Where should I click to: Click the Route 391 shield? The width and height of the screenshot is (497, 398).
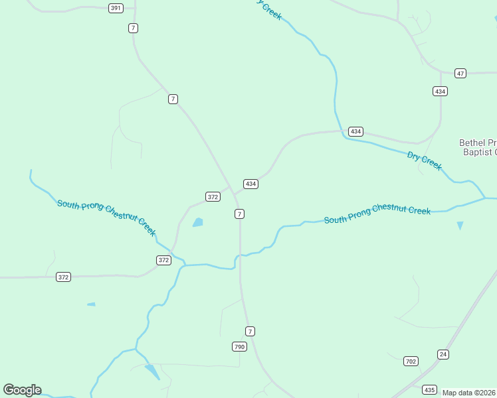pyautogui.click(x=116, y=8)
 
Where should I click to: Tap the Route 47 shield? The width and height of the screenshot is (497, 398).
pyautogui.click(x=460, y=72)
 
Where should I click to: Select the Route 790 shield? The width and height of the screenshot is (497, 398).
pyautogui.click(x=239, y=347)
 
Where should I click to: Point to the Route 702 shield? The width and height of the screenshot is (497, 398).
pyautogui.click(x=411, y=361)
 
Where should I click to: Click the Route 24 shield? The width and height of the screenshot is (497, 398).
pyautogui.click(x=443, y=354)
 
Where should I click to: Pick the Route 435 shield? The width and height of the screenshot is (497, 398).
pyautogui.click(x=430, y=390)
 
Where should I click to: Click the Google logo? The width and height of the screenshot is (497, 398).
pyautogui.click(x=22, y=390)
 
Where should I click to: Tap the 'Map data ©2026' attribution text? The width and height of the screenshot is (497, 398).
pyautogui.click(x=469, y=393)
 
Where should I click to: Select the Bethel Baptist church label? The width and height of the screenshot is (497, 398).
pyautogui.click(x=478, y=147)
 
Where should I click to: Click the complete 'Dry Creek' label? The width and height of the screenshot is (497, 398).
pyautogui.click(x=425, y=161)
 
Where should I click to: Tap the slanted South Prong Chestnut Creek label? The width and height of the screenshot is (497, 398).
pyautogui.click(x=106, y=218)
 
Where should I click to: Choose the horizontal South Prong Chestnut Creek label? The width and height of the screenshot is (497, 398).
pyautogui.click(x=377, y=214)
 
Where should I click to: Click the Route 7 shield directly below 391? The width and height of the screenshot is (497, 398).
pyautogui.click(x=134, y=28)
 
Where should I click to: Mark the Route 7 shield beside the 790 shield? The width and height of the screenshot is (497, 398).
pyautogui.click(x=250, y=331)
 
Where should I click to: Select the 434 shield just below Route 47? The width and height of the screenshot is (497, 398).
pyautogui.click(x=440, y=91)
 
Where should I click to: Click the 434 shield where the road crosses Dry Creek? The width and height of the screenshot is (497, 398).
pyautogui.click(x=355, y=131)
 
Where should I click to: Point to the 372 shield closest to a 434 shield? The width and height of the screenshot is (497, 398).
pyautogui.click(x=213, y=197)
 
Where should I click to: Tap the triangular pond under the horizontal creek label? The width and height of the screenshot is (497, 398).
pyautogui.click(x=460, y=226)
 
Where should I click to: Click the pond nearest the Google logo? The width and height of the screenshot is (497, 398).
pyautogui.click(x=153, y=371)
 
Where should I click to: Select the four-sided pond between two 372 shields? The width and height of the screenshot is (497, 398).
pyautogui.click(x=198, y=222)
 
